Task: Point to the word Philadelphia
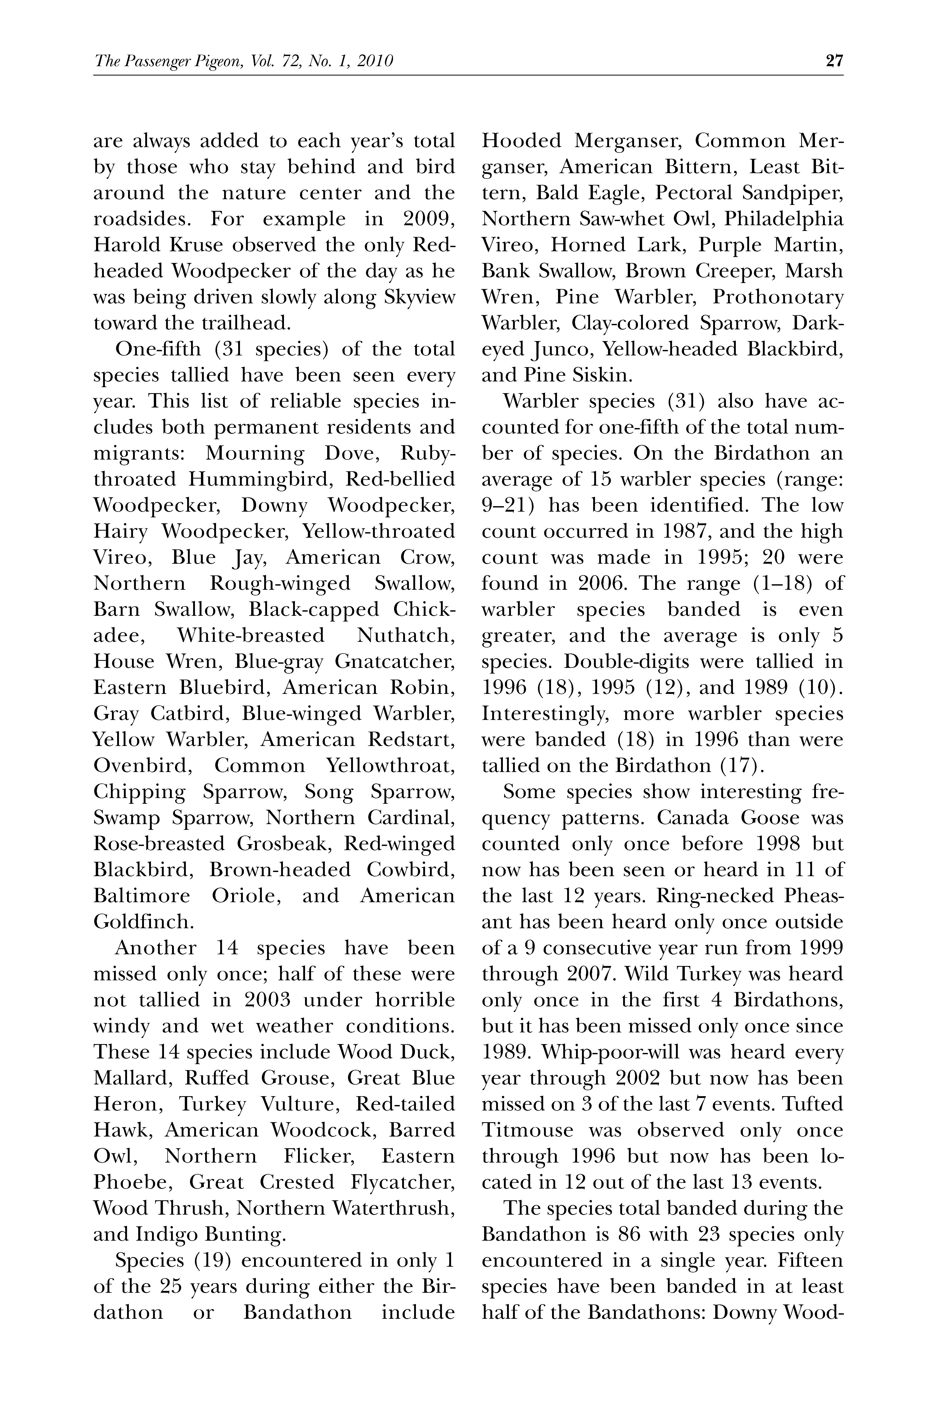pyautogui.click(x=784, y=219)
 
